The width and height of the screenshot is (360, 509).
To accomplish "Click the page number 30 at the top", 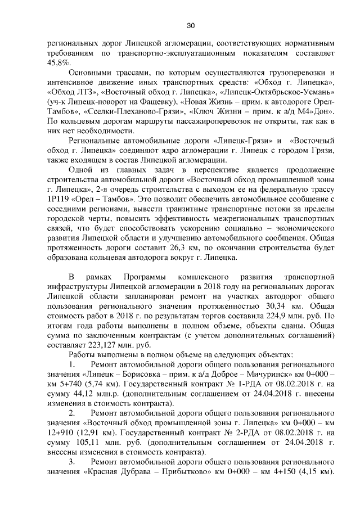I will coord(190,25).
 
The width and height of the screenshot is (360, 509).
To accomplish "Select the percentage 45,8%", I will coord(58,64).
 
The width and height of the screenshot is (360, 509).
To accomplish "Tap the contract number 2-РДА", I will coord(215,434).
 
